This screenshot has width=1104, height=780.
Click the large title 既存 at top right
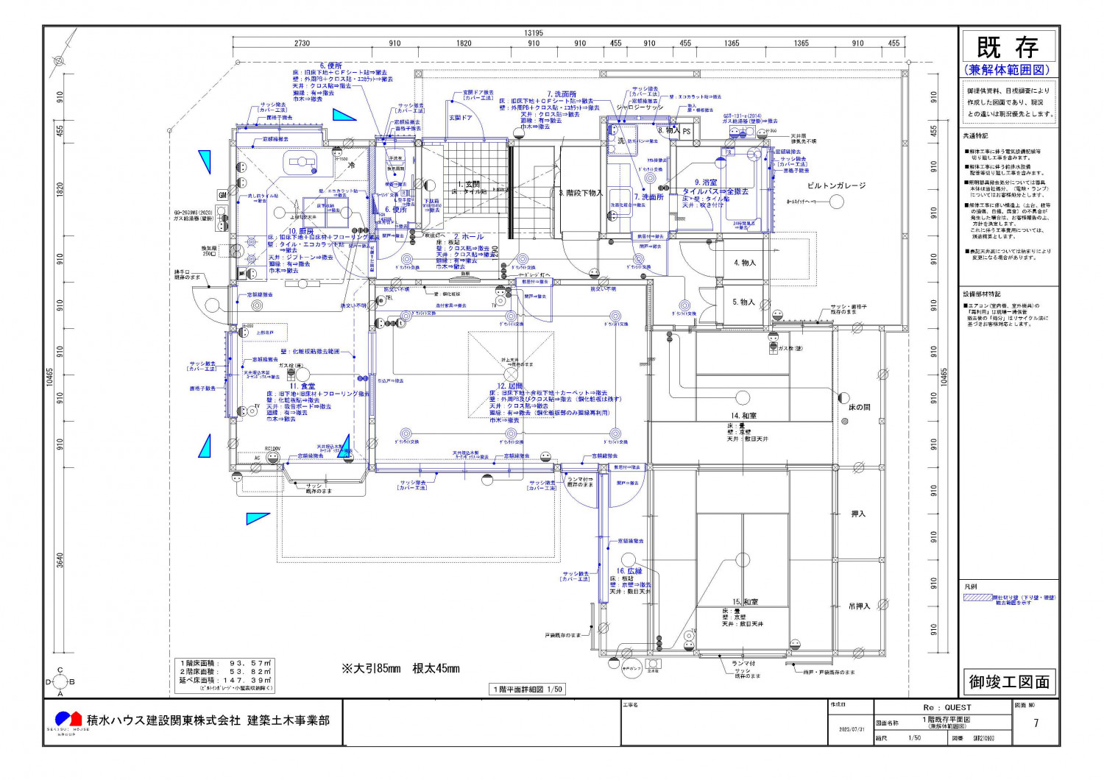coord(1008,49)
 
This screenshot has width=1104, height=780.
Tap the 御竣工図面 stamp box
coord(1009,682)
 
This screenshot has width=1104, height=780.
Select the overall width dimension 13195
coord(533,33)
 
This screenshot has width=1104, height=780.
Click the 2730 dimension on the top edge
coord(302,43)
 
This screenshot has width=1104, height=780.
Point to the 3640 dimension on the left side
coord(60,560)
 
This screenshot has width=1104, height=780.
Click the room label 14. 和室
coord(743,416)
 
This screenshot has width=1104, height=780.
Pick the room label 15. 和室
coord(745,602)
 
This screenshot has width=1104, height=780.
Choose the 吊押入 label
coord(858,606)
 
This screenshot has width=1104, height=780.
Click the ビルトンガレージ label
coord(836,186)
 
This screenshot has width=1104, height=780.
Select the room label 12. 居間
coord(510,386)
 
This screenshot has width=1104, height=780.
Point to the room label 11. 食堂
coord(302,386)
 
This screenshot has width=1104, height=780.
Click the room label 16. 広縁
coord(629,571)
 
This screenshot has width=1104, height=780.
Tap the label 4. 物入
coord(744,263)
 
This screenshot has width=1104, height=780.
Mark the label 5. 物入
coord(743,302)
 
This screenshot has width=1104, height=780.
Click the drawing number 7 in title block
coord(1036,723)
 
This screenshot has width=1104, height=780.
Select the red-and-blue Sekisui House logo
coord(68,719)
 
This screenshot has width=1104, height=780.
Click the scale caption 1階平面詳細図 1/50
coord(528,689)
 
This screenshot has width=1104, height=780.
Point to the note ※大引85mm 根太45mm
coord(400,669)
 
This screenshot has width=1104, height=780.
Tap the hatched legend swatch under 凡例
coord(977,598)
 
